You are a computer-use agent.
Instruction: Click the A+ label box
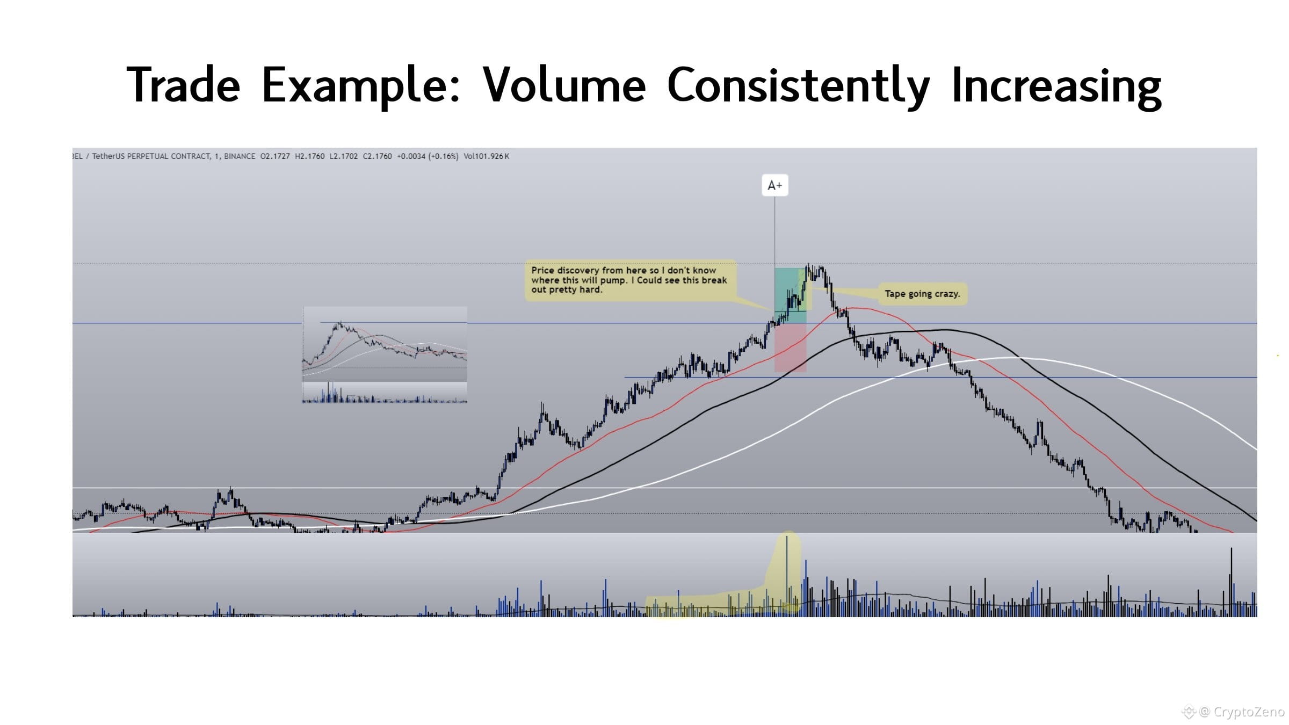click(x=774, y=185)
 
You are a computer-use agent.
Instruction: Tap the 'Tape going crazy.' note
click(x=922, y=294)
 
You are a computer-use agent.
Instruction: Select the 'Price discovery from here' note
click(x=629, y=280)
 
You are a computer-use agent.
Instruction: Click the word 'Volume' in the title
click(x=564, y=85)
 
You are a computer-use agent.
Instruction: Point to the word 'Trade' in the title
click(x=183, y=85)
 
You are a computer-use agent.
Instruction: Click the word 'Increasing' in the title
click(x=1056, y=86)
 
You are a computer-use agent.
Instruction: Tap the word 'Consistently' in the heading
click(x=798, y=86)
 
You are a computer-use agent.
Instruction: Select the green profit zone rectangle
click(x=790, y=295)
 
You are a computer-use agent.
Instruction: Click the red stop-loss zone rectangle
click(x=790, y=347)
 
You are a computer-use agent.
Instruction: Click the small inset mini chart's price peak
click(x=339, y=324)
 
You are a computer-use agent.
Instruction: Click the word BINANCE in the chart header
click(x=240, y=156)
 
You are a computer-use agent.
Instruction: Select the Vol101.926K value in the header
click(x=487, y=156)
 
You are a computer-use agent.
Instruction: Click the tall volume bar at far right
click(x=1231, y=582)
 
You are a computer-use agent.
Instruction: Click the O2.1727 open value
click(x=275, y=156)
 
